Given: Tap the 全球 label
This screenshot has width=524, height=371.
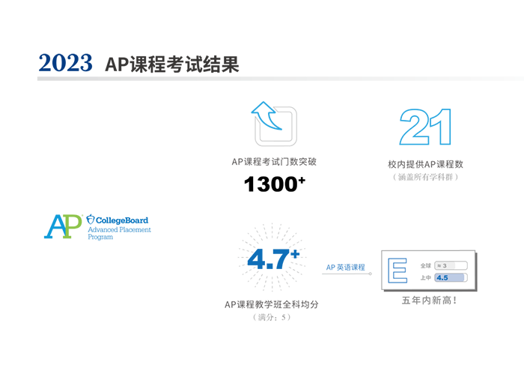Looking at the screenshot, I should (x=426, y=265).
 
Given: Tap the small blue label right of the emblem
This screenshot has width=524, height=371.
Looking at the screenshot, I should (x=344, y=266).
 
